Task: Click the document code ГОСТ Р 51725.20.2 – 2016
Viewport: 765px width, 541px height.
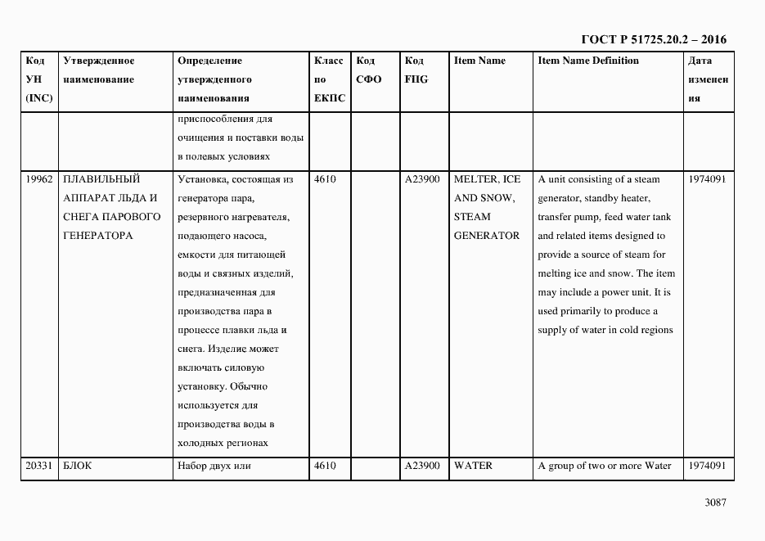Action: pyautogui.click(x=653, y=39)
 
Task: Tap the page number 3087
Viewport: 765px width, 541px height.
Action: pyautogui.click(x=715, y=503)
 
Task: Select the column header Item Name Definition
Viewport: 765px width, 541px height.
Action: pyautogui.click(x=588, y=61)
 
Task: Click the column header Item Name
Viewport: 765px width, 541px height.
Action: pyautogui.click(x=479, y=61)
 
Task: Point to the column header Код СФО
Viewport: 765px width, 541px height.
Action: pyautogui.click(x=369, y=70)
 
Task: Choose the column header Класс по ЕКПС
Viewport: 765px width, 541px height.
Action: pyautogui.click(x=329, y=79)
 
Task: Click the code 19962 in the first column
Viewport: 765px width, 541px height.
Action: pyautogui.click(x=39, y=179)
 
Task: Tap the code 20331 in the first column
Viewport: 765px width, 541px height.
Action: pyautogui.click(x=39, y=466)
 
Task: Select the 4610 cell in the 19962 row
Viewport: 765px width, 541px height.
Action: pyautogui.click(x=325, y=179)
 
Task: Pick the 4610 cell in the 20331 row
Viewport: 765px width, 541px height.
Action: pyautogui.click(x=325, y=466)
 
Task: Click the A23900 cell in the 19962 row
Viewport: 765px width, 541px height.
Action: pyautogui.click(x=422, y=179)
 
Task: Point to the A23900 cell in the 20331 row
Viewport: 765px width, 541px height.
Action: pyautogui.click(x=422, y=466)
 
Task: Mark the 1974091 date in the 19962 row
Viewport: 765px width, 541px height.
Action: pyautogui.click(x=707, y=179)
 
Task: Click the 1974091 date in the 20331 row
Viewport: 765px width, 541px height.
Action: pyautogui.click(x=707, y=466)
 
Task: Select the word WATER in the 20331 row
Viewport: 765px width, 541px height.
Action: pyautogui.click(x=474, y=466)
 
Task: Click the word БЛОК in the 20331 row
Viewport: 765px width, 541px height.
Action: pyautogui.click(x=79, y=466)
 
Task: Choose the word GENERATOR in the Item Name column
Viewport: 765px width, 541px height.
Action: pyautogui.click(x=487, y=236)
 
